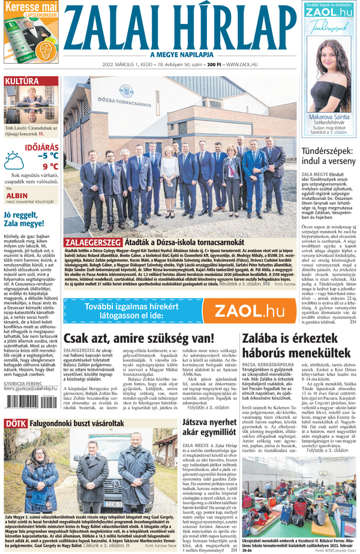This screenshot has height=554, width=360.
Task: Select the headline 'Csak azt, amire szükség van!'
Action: (x=139, y=339)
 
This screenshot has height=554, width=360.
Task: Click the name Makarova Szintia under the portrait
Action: (x=329, y=117)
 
